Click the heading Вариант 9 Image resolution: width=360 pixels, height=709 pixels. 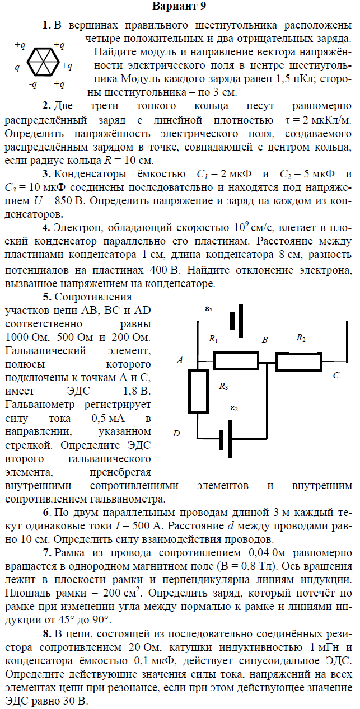(x=179, y=7)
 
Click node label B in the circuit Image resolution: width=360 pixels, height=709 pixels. (x=265, y=340)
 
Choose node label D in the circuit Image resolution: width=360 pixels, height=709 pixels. (x=176, y=434)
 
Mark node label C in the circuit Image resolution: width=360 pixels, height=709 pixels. (x=336, y=375)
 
